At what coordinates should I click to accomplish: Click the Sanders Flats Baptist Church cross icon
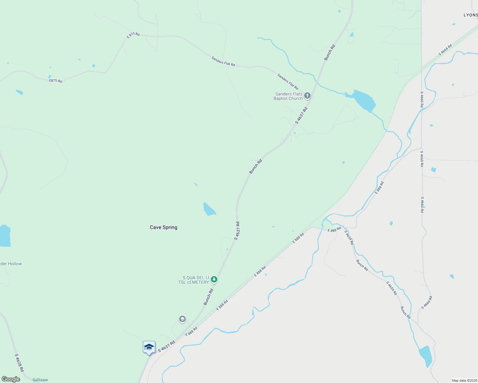307,95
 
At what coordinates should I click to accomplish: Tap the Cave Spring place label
164,227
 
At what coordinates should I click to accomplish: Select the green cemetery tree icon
214,280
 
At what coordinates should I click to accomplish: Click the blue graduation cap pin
149,347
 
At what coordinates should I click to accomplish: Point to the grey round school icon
182,319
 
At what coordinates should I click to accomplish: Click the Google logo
11,379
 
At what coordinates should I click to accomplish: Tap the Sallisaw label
40,380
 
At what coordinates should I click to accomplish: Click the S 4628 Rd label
19,362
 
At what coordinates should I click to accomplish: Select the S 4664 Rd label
445,50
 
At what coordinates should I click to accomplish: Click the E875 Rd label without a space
56,81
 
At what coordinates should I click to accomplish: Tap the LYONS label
470,15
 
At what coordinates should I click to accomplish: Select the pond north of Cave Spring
209,209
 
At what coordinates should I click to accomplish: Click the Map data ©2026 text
464,380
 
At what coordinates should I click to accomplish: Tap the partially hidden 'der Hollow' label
11,264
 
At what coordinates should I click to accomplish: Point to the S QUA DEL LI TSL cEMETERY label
194,280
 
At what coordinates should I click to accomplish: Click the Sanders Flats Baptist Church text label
288,96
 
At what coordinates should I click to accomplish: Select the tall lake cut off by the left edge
5,236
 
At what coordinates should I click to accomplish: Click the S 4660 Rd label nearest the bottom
427,303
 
